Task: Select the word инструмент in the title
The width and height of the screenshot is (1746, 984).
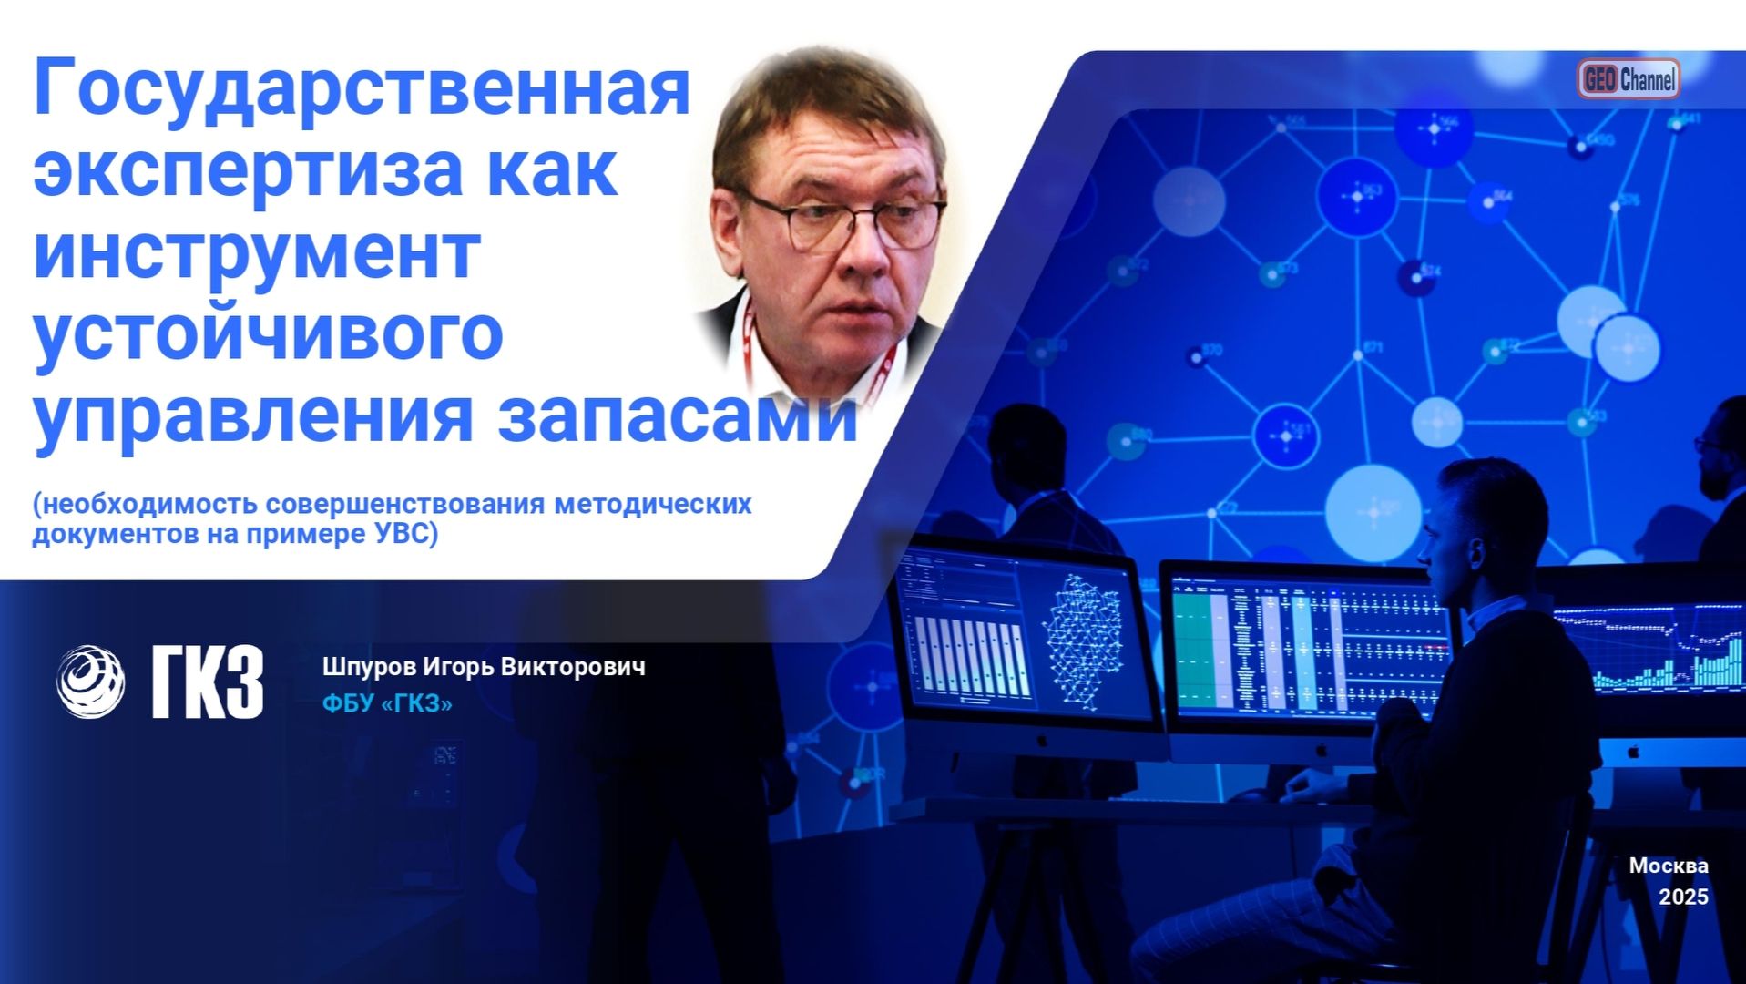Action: [x=257, y=252]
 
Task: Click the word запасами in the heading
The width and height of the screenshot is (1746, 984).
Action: [x=678, y=415]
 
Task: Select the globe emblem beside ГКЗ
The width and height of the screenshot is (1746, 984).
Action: [x=90, y=682]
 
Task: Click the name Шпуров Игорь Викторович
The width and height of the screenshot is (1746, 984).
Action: [x=484, y=667]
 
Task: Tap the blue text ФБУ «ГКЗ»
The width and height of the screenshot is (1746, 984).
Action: [x=387, y=703]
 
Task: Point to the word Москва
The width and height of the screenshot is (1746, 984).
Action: [x=1668, y=866]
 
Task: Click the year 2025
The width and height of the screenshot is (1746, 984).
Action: [x=1682, y=897]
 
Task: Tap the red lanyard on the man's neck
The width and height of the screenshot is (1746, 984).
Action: [x=749, y=346]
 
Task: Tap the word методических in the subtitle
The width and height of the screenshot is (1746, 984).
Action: [x=653, y=504]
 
